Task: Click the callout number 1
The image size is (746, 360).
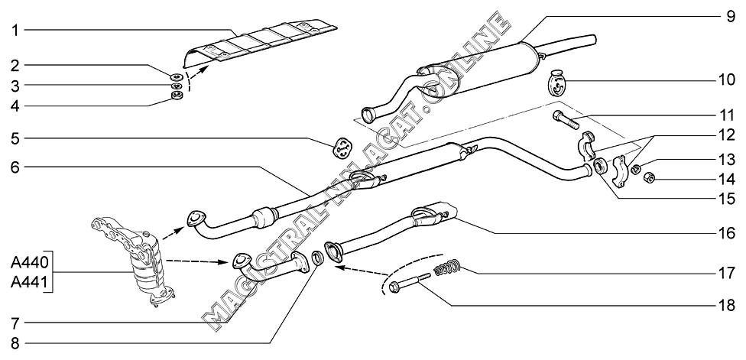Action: [x=15, y=31]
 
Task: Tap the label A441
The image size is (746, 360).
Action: [x=26, y=284]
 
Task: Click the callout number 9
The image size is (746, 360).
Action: [x=731, y=17]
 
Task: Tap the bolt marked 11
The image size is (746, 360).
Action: [x=566, y=119]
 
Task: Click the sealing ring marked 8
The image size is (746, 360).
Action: [x=317, y=258]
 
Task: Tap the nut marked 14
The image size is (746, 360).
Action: [x=649, y=178]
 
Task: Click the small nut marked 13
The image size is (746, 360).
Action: [x=635, y=168]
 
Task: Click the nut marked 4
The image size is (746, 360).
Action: [x=177, y=96]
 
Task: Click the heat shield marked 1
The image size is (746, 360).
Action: [x=260, y=43]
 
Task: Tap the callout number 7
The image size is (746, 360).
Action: [x=15, y=324]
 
